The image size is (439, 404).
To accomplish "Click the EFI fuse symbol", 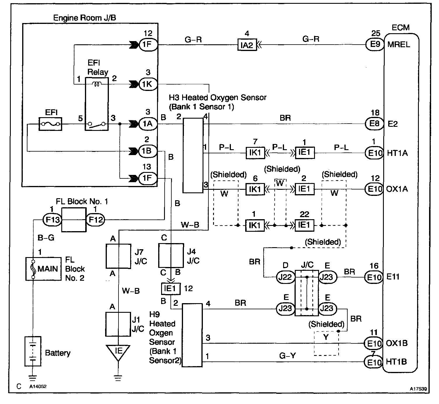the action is click(x=50, y=124).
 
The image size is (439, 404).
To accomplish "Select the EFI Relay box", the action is click(x=97, y=104).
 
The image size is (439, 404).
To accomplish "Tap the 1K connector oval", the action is click(x=148, y=84).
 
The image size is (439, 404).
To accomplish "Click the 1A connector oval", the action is click(x=148, y=124).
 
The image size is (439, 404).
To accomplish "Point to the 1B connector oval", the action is click(x=148, y=151).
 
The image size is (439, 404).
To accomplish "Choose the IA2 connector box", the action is click(x=247, y=45).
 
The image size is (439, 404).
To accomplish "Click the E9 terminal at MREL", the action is click(x=375, y=44).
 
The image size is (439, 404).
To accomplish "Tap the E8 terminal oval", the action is click(x=374, y=124).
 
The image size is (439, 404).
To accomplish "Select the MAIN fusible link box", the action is click(x=43, y=269).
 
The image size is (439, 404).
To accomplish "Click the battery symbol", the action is click(x=33, y=351).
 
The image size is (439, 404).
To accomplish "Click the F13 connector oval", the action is click(x=53, y=219).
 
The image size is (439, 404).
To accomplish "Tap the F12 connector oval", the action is click(x=95, y=219).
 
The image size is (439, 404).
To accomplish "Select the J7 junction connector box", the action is click(x=119, y=256).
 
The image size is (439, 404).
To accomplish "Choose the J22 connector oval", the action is click(x=285, y=277).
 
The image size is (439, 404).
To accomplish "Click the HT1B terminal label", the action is click(x=396, y=362).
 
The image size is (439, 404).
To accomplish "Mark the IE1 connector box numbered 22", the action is click(x=304, y=225).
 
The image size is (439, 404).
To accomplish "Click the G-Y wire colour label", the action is click(x=287, y=356).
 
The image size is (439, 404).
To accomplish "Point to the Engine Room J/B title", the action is click(x=84, y=18).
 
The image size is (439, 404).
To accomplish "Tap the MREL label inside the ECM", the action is click(x=399, y=45).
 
